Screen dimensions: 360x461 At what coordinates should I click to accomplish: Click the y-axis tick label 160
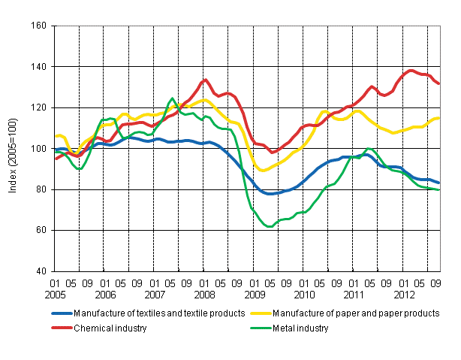tap(39, 26)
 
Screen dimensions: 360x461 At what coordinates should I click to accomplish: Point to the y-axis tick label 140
tap(39, 67)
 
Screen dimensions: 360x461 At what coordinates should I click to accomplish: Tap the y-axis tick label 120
tap(39, 107)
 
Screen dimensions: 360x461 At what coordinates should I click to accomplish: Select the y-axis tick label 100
tap(39, 149)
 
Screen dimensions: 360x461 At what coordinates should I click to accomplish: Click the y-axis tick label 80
tap(41, 189)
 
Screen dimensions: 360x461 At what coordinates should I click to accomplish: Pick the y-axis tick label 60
tap(41, 230)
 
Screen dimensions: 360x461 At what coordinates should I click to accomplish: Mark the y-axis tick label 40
tap(41, 271)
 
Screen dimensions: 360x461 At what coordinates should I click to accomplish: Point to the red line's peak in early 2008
tap(204, 80)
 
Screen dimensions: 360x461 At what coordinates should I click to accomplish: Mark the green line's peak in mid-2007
tap(172, 99)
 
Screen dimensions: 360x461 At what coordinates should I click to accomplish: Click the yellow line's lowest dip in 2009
tap(263, 170)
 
